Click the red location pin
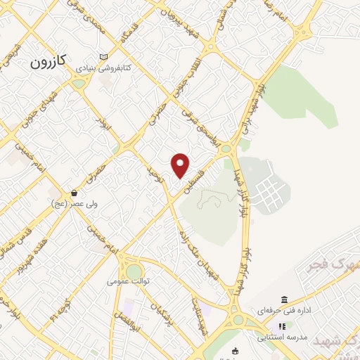pos(181,165)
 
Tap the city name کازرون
pos(48,62)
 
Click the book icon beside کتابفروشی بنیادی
pos(105,58)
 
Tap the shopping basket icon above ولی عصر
pos(74,193)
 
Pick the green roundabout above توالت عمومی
pos(134,271)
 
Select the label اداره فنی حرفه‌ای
pos(281,311)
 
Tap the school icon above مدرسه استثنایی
pos(282,326)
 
